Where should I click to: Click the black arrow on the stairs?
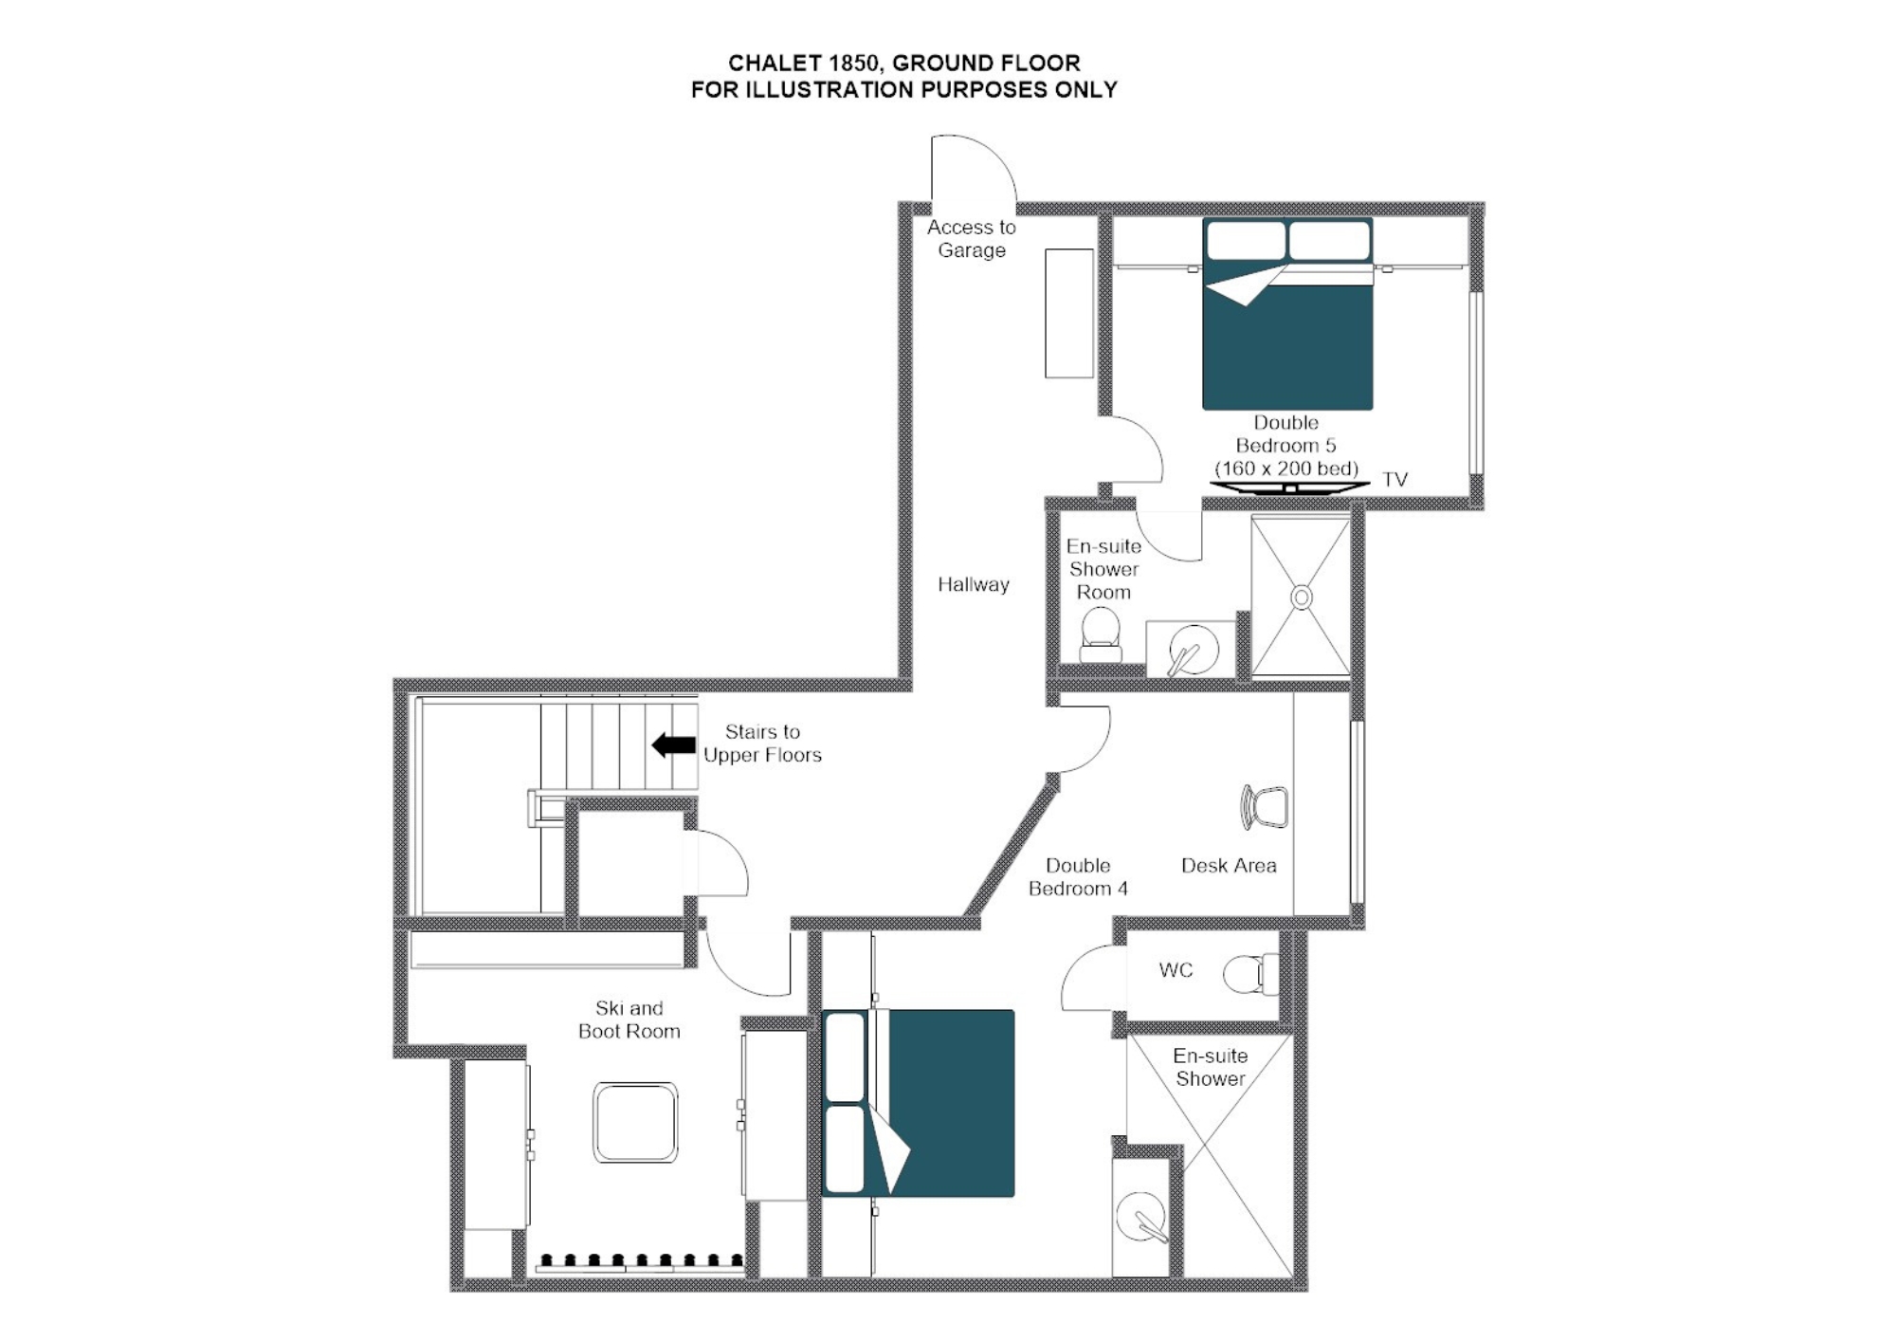click(x=674, y=745)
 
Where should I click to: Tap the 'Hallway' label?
click(x=973, y=584)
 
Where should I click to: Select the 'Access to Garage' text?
click(x=971, y=239)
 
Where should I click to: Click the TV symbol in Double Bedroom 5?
click(x=1289, y=487)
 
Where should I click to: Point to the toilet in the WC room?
click(x=1249, y=974)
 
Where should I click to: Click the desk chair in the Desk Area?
click(x=1266, y=807)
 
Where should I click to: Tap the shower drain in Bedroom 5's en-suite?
click(x=1302, y=597)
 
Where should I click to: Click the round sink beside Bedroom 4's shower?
click(x=1141, y=1217)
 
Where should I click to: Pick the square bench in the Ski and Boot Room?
click(x=635, y=1122)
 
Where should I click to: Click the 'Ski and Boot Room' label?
click(x=629, y=1020)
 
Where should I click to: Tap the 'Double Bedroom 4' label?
click(x=1078, y=876)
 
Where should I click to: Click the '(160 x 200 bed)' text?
click(x=1286, y=468)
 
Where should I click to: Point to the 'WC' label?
click(x=1176, y=969)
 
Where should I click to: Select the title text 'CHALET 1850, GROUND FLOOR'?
click(x=903, y=64)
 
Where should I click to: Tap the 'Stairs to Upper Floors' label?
click(x=762, y=744)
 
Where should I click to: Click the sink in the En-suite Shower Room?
click(x=1192, y=650)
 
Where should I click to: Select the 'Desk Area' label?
click(x=1229, y=865)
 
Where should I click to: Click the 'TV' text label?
click(x=1395, y=479)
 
